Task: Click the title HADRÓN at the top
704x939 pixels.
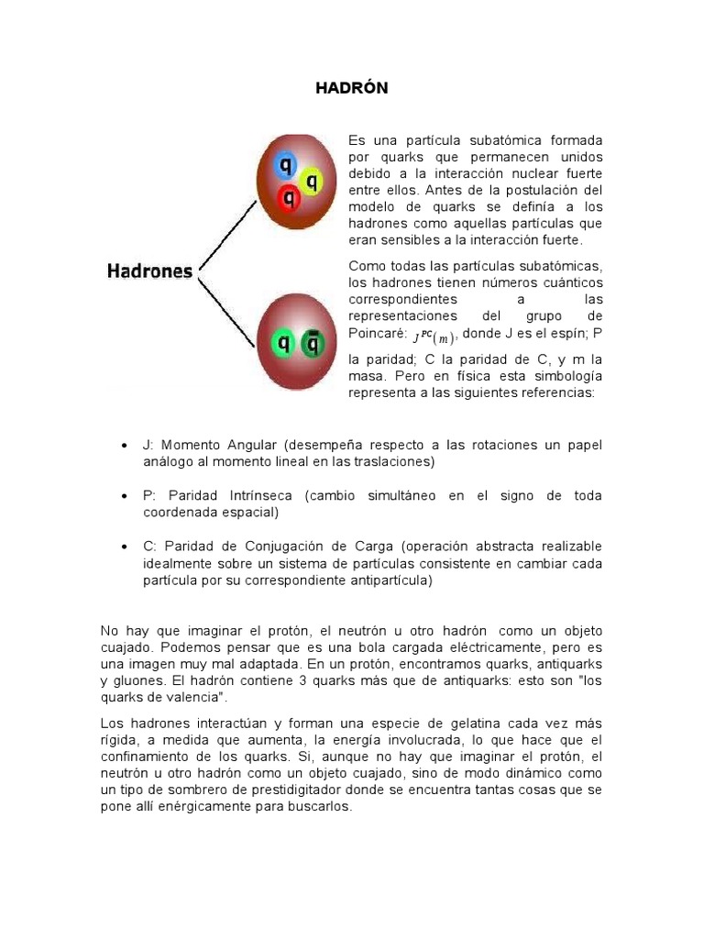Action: (x=352, y=88)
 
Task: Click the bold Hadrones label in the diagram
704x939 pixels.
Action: (x=150, y=271)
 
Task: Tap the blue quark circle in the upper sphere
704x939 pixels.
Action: (x=285, y=166)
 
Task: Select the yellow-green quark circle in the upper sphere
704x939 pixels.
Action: (x=312, y=180)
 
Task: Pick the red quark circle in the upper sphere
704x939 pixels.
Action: (x=289, y=196)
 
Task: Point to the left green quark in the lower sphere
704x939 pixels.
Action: (x=283, y=344)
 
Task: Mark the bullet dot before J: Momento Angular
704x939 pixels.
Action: (x=123, y=446)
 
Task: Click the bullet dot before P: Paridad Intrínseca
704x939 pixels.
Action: (x=123, y=496)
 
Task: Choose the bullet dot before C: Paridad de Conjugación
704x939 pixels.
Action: (x=123, y=547)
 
